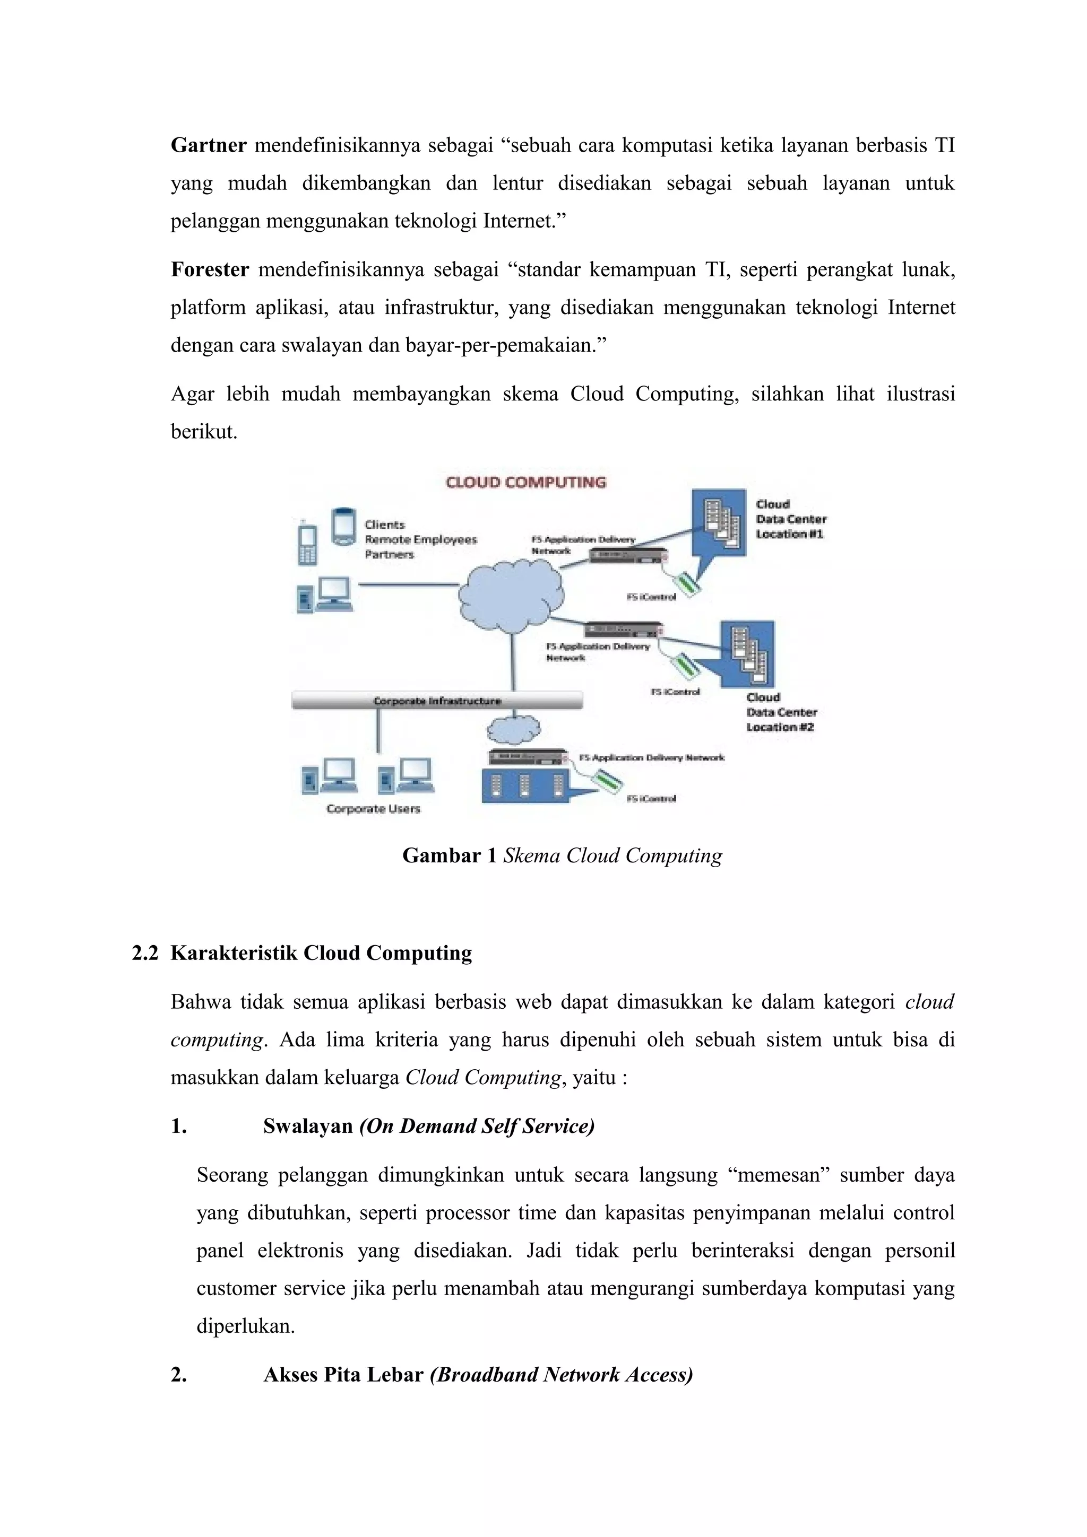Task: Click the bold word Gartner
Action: click(x=208, y=145)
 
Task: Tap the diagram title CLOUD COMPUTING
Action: click(x=526, y=483)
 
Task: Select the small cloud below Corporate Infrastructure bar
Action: click(x=513, y=729)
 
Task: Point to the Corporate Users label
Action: click(x=373, y=809)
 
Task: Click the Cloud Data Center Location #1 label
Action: click(x=790, y=519)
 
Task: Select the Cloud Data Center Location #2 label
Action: click(x=781, y=712)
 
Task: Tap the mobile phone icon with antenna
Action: click(x=307, y=543)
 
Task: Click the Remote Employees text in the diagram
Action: click(x=420, y=539)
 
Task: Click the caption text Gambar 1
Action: click(x=448, y=855)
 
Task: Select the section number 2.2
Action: click(x=145, y=953)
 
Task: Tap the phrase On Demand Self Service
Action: click(x=477, y=1126)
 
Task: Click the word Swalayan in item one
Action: click(x=307, y=1126)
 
